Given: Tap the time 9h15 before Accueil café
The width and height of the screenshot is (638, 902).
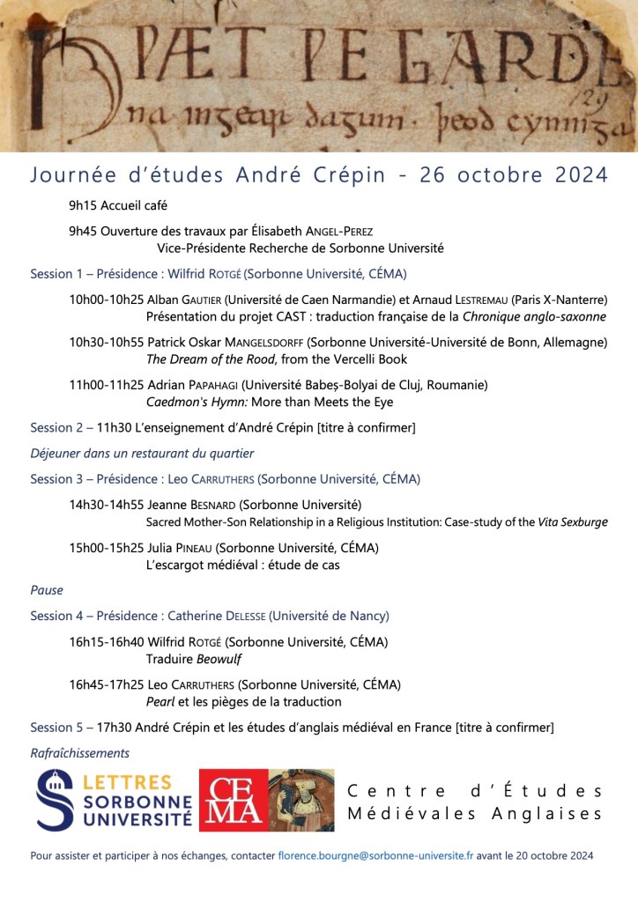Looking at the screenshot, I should [83, 206].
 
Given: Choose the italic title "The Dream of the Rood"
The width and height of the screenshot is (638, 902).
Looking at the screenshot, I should [208, 359].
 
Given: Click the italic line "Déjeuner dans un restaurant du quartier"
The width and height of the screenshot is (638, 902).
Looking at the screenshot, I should [142, 454].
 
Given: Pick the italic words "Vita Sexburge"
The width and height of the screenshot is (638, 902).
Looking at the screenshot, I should [573, 521].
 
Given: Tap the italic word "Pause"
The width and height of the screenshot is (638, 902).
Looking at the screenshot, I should [47, 590].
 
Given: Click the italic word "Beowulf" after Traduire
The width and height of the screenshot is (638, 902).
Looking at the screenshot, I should [219, 659].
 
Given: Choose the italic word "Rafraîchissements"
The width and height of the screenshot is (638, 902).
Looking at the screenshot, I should [80, 753].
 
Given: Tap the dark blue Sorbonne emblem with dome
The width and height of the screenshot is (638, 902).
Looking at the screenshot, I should [56, 800].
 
